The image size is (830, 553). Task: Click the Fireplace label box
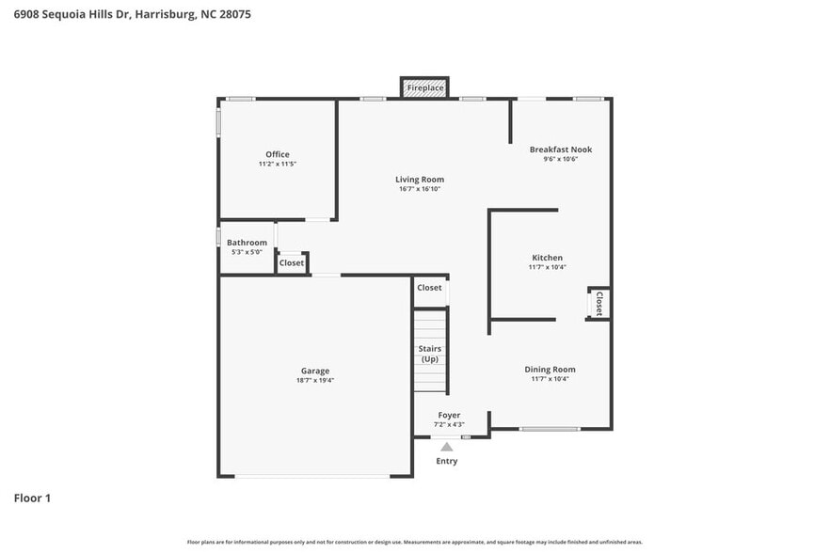(424, 87)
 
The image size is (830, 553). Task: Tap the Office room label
(277, 154)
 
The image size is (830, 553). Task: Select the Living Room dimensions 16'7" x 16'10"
(420, 189)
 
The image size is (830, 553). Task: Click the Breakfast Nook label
(560, 149)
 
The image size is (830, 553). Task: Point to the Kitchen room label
(547, 257)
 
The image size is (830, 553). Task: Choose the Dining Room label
(550, 369)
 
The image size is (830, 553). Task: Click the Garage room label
(315, 371)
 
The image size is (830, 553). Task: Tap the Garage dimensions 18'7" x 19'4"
(315, 381)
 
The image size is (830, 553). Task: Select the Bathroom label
(247, 242)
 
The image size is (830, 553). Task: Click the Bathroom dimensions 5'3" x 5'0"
(247, 252)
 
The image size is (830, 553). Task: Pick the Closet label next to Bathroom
(292, 263)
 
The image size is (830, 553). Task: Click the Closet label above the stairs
(429, 288)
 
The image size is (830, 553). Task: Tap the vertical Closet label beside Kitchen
(599, 303)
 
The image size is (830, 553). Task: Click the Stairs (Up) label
(429, 354)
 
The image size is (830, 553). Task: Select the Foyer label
(449, 415)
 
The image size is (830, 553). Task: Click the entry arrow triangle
(446, 447)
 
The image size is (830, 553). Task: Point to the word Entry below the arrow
(446, 461)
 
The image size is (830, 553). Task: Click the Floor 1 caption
(32, 498)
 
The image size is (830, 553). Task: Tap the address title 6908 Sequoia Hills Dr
(132, 15)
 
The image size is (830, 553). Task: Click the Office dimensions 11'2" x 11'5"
(277, 165)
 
